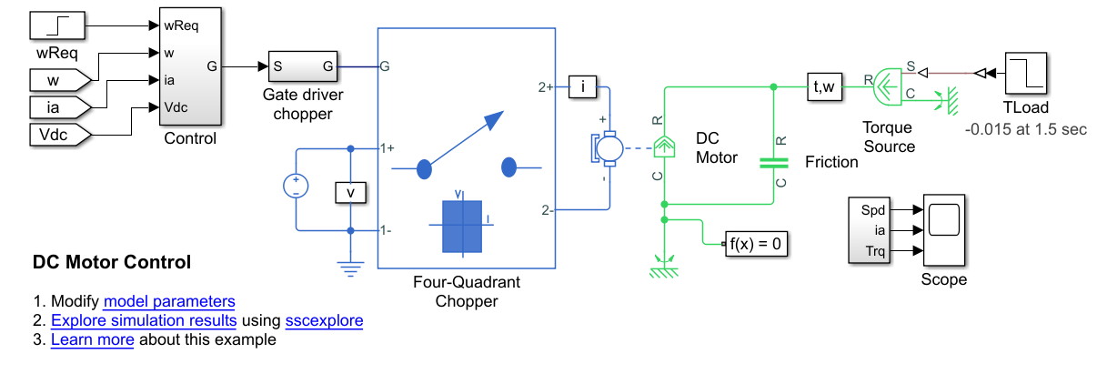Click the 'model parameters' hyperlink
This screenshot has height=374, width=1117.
(x=169, y=301)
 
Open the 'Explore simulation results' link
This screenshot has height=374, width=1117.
(x=144, y=320)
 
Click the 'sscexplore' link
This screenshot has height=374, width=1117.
(x=324, y=320)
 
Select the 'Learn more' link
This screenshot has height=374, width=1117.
(x=92, y=339)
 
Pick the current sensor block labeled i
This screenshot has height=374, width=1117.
(x=582, y=87)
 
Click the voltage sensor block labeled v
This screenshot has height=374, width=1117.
(x=350, y=191)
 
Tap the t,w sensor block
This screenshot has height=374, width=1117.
(x=825, y=87)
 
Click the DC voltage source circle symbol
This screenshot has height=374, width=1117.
(x=297, y=187)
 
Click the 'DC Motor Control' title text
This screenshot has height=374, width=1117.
(x=112, y=263)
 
